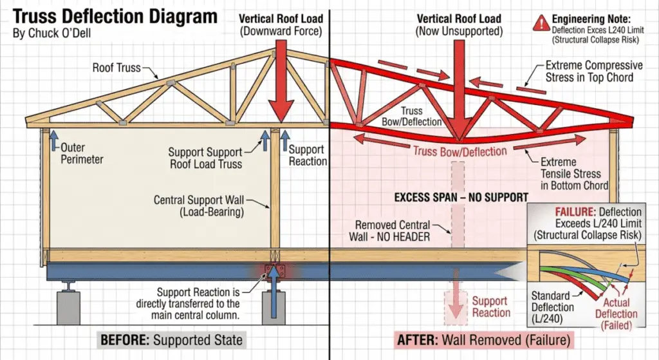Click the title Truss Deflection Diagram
point(115,16)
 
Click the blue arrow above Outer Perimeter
point(53,138)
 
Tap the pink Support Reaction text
point(491,307)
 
